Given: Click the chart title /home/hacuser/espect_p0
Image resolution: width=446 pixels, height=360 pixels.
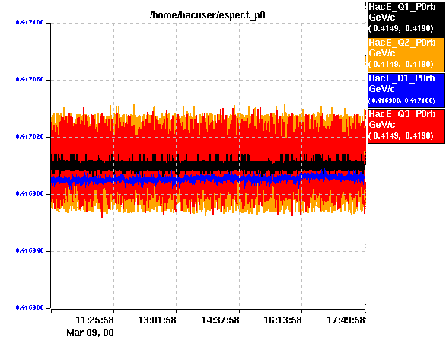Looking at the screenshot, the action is pos(207,14).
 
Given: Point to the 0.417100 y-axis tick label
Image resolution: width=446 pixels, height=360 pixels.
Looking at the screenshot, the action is pos(30,22).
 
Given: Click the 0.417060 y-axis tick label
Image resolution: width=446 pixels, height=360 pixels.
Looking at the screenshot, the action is pos(30,79).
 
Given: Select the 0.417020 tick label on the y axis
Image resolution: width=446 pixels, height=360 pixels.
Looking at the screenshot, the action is pos(30,136).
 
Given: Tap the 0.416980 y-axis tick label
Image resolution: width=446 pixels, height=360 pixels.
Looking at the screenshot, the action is pos(30,193).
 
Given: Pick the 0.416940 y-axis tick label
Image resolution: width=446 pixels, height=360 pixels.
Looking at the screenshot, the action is pos(30,250).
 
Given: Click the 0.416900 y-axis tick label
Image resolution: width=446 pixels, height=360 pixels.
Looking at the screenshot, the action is pos(30,307).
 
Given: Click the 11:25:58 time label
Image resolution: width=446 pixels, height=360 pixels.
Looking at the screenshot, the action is pos(94,320).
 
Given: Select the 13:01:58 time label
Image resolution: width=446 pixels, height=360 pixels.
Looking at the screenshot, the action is pos(157,320).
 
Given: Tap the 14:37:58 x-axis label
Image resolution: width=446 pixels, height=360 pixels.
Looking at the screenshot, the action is pos(220,320).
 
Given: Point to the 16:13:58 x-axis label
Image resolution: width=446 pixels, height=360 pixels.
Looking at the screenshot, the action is pos(282,320).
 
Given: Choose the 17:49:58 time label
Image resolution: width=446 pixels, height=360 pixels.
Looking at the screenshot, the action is pos(346,320).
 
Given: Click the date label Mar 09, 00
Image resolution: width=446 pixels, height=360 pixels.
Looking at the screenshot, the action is pos(90,332).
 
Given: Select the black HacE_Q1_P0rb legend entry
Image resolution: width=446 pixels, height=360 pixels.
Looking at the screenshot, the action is pos(406,18).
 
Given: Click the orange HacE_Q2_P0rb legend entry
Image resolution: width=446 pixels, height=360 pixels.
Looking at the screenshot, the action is pos(406,54).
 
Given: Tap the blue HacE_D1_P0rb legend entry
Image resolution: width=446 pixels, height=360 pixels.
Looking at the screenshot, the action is pos(406,90).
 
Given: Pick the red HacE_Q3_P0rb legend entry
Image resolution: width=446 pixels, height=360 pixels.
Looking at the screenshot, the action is pos(406,126).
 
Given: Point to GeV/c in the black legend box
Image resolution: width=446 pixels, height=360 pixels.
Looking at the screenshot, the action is pos(382,18).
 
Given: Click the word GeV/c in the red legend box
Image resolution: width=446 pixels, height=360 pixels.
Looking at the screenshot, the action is pos(382,125).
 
